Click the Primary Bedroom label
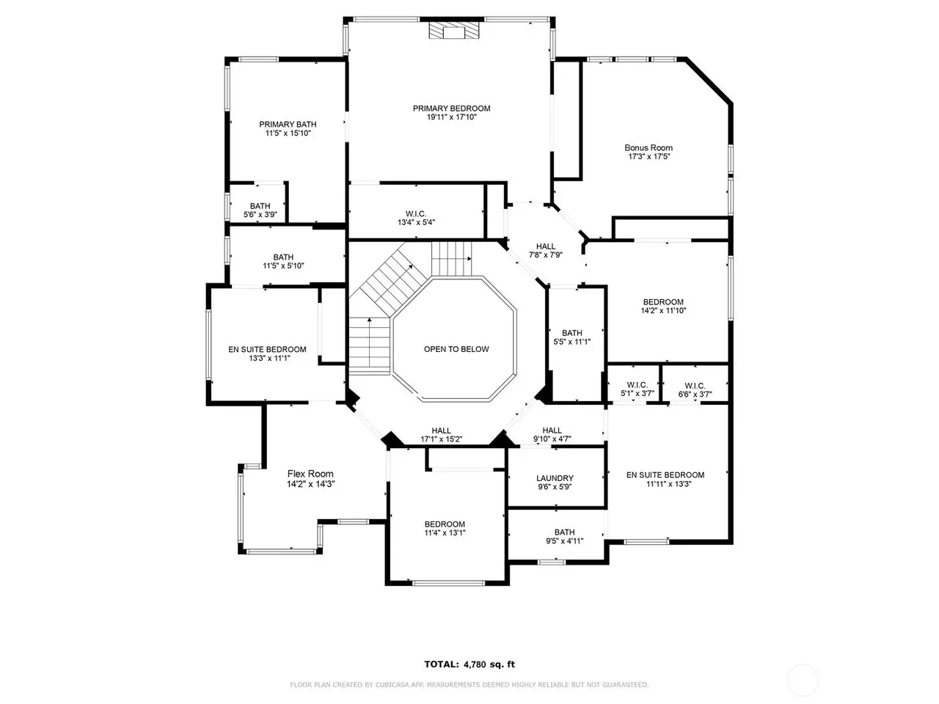click(x=451, y=109)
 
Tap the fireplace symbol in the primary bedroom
click(x=454, y=30)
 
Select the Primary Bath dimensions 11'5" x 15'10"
click(x=288, y=133)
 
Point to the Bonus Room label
click(x=648, y=148)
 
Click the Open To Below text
click(x=456, y=349)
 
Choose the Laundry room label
click(x=555, y=478)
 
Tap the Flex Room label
click(x=310, y=474)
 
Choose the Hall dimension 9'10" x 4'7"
click(x=552, y=439)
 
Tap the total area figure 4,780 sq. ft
click(x=489, y=664)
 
